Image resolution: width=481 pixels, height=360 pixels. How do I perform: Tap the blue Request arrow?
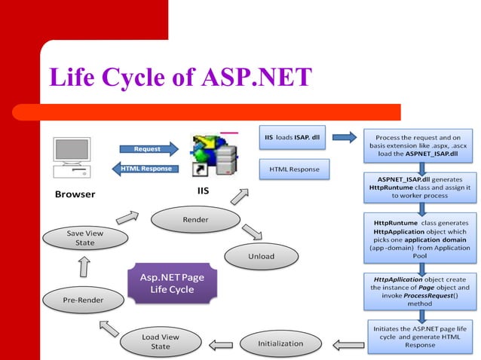pos(146,148)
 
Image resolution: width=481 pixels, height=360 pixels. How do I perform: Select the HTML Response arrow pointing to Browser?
pos(146,168)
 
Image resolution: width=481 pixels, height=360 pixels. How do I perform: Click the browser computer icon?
pos(72,157)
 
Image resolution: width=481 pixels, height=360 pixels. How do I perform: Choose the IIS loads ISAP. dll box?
pos(293,138)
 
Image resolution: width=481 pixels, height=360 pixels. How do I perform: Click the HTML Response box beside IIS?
pos(293,169)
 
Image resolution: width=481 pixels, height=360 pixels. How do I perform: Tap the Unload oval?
pos(261,256)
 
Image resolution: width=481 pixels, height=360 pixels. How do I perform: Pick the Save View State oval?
pos(85,239)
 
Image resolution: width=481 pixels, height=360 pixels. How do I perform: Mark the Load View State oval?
pos(161,341)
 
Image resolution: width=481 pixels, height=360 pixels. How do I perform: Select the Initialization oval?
pos(280,343)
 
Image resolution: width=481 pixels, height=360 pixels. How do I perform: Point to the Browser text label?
pos(75,194)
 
